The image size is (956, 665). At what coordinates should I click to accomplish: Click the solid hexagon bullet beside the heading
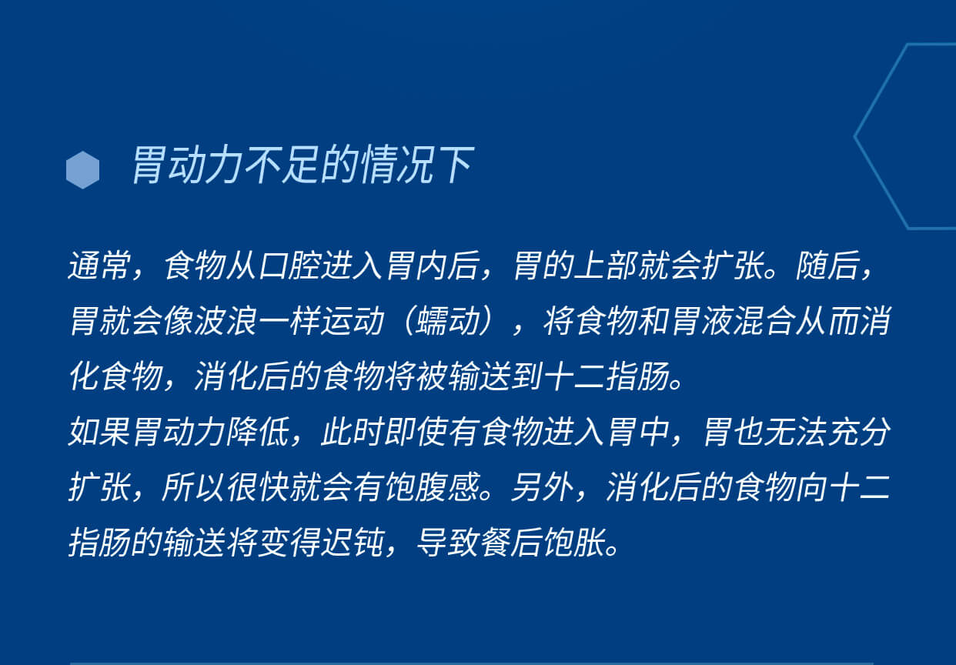click(83, 170)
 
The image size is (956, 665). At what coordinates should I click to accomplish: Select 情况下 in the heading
click(417, 165)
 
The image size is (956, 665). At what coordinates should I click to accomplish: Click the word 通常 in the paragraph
click(100, 266)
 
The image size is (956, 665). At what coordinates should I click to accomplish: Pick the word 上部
click(606, 266)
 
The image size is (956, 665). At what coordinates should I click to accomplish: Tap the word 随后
click(827, 266)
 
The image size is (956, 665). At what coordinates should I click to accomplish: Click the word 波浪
click(226, 321)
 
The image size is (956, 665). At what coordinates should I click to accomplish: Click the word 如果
click(100, 432)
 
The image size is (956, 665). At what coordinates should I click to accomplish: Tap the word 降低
click(259, 432)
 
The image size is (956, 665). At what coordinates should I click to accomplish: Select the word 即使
click(416, 432)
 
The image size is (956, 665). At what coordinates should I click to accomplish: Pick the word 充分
click(859, 432)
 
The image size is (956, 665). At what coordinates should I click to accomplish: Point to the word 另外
click(543, 487)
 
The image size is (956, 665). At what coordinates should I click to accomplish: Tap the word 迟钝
click(353, 543)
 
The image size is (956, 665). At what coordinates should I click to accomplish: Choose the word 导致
click(448, 543)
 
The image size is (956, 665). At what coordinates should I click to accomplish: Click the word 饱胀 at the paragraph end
click(574, 543)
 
